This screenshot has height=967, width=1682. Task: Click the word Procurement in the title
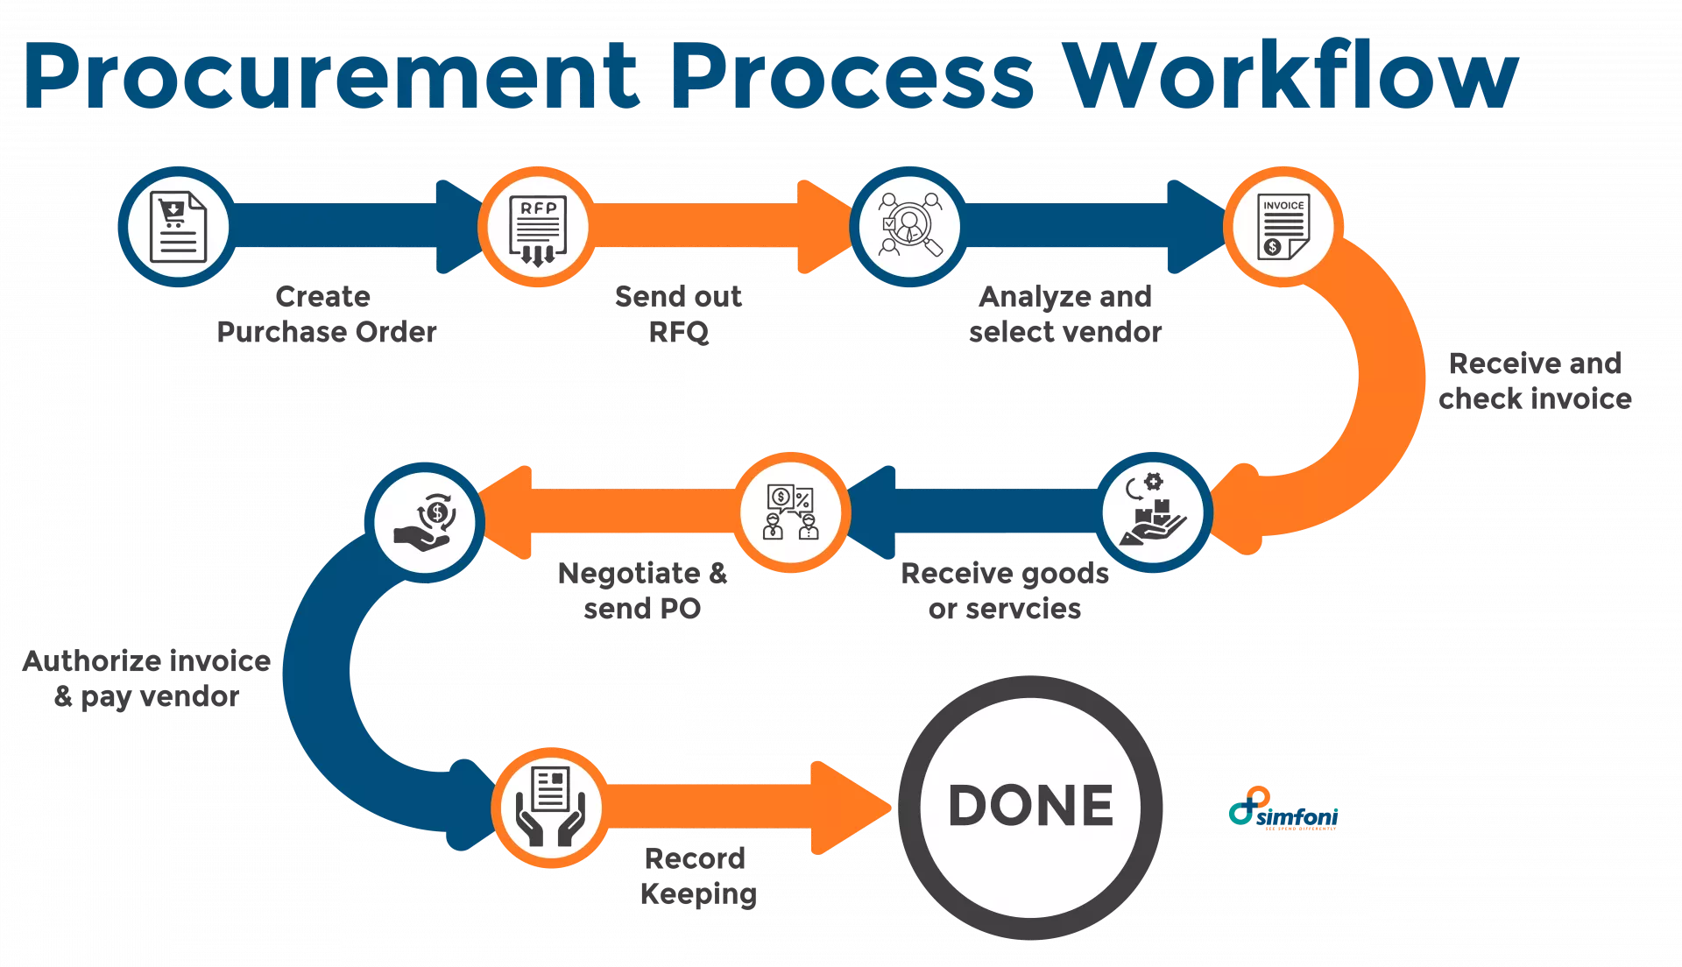[331, 77]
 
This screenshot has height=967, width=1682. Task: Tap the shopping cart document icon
[178, 227]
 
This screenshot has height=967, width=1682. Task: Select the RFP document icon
[537, 227]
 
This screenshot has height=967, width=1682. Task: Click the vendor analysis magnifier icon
[909, 227]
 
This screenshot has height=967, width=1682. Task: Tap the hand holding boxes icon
[1154, 512]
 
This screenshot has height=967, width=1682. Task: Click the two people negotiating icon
[791, 512]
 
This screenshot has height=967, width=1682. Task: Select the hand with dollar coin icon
[425, 522]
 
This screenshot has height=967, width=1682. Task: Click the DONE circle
[1030, 807]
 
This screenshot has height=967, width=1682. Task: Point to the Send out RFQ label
[679, 314]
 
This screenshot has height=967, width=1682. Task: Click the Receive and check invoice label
[1535, 382]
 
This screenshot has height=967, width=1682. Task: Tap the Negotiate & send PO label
[642, 591]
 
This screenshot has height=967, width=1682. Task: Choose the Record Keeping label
[697, 875]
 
